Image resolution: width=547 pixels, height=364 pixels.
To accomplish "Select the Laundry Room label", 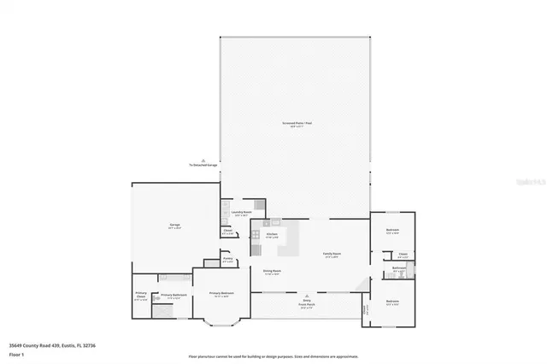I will point(241,213).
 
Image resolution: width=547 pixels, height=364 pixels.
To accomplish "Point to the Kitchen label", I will point(272,234).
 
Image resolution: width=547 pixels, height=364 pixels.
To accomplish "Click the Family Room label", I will point(332,255).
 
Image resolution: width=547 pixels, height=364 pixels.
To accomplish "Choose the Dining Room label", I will point(273,272).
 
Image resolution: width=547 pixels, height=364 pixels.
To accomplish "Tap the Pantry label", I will point(228,260).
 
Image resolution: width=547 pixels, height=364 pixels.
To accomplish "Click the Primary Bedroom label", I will point(219,295).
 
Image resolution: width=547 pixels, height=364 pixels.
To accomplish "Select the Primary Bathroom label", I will point(173,296).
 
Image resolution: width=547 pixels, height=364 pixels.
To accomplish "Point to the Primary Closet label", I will point(141,297).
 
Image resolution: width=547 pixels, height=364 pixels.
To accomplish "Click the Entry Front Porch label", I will point(307,303).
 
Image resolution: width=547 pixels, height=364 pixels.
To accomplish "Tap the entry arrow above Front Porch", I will point(307,293).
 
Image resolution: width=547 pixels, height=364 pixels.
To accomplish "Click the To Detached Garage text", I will point(203,165).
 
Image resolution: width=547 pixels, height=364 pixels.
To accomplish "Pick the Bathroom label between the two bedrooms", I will point(399,269).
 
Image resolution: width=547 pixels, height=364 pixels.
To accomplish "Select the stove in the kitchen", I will point(256,250).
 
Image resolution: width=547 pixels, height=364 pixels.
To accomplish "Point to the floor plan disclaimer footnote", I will point(273,355).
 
